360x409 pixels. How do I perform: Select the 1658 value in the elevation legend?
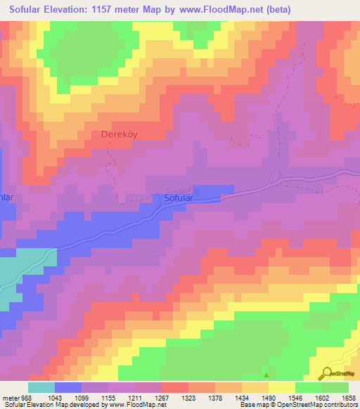[x=349, y=398]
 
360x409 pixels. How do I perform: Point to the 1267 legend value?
[x=162, y=398]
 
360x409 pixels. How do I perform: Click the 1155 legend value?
[x=108, y=398]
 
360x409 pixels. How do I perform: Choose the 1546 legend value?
[x=295, y=398]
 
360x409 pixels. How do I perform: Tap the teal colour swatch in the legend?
[x=41, y=387]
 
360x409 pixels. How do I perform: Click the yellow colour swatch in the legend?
[x=282, y=387]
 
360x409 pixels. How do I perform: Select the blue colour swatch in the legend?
[x=68, y=387]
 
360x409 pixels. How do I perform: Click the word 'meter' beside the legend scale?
[x=10, y=398]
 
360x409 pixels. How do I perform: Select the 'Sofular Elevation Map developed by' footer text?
[x=42, y=405]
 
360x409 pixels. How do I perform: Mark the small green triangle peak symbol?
[x=266, y=367]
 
